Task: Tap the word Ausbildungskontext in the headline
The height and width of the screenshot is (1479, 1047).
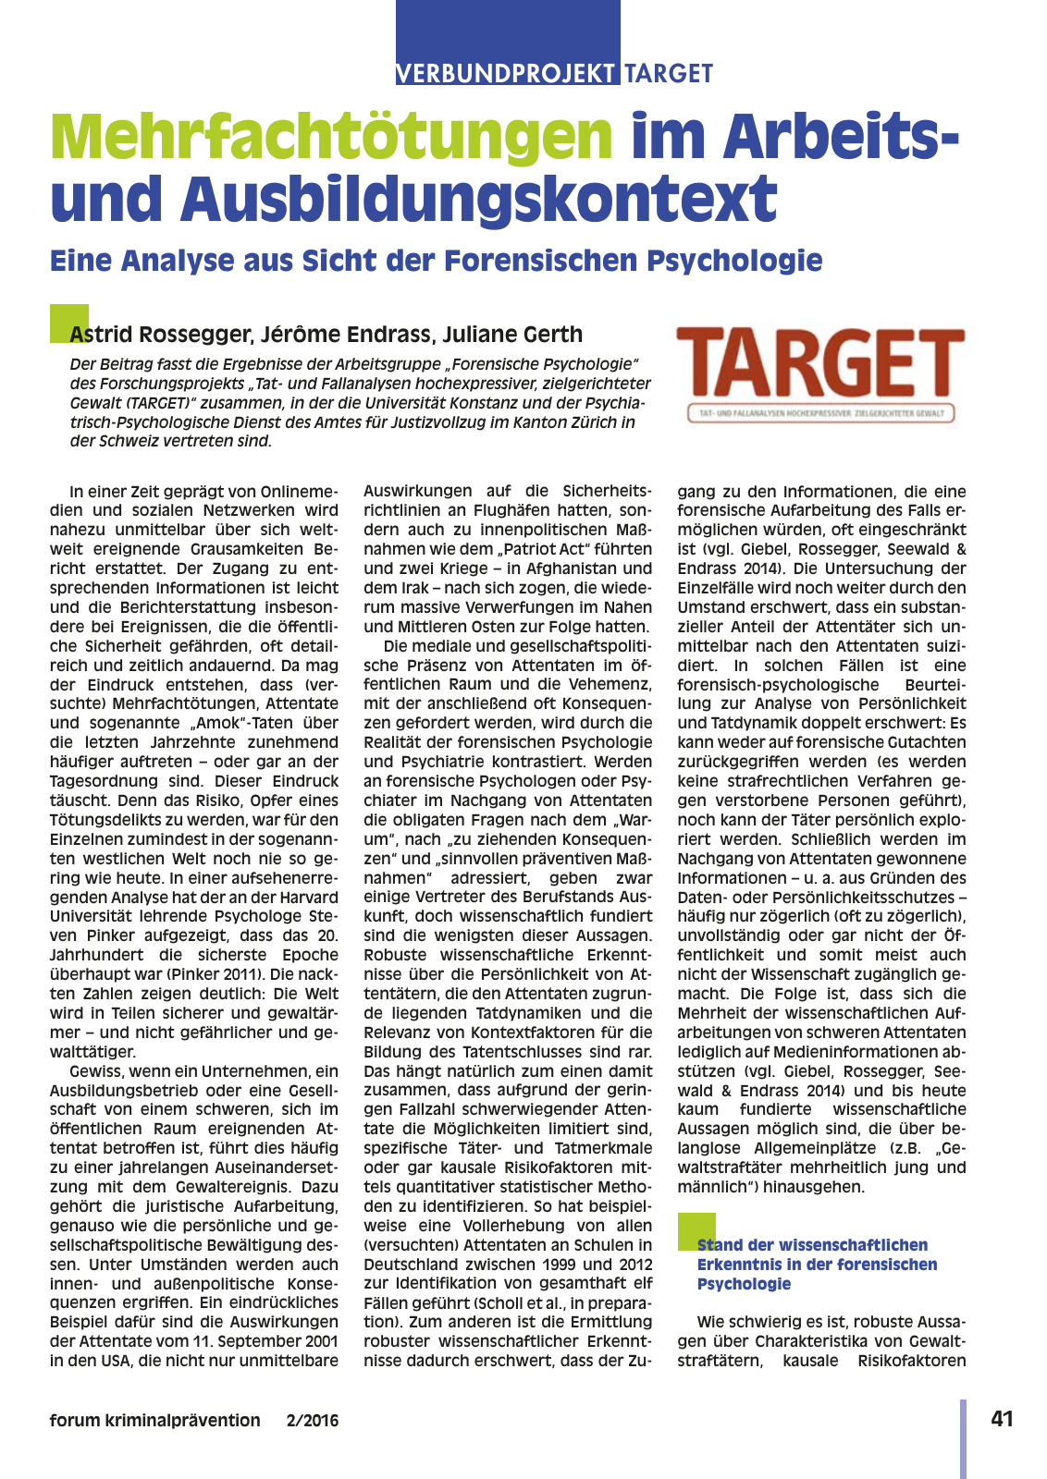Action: [x=479, y=198]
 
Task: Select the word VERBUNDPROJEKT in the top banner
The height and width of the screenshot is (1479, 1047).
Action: [x=506, y=73]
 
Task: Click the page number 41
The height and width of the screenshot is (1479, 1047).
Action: [x=1002, y=1418]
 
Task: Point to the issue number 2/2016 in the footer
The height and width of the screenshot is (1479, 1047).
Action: [x=313, y=1420]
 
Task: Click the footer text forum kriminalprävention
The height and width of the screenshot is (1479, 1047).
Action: [x=155, y=1420]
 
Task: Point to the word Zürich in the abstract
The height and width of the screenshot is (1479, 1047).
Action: [x=571, y=422]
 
